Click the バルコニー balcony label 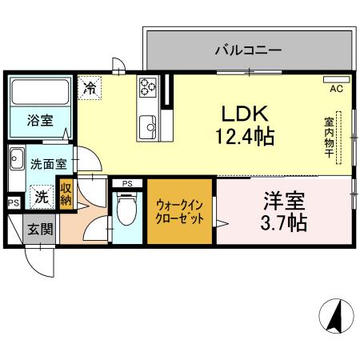[x=247, y=50]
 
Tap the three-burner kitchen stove [x=148, y=88]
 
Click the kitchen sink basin [x=148, y=127]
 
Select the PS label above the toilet [x=126, y=184]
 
